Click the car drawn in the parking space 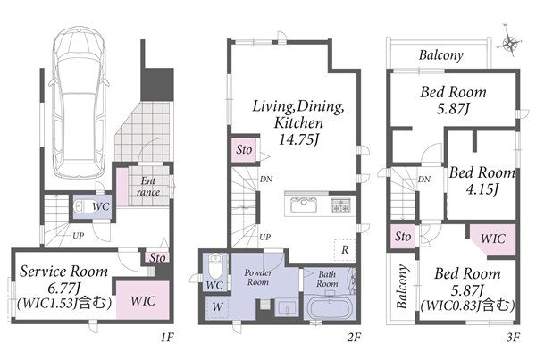[x=79, y=103]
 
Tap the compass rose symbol [x=509, y=42]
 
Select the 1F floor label [x=168, y=338]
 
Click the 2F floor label [x=354, y=338]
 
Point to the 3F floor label [x=513, y=338]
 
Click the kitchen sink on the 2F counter [x=304, y=205]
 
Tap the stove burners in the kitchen [x=340, y=205]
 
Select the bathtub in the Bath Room [x=329, y=308]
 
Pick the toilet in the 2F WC [x=215, y=267]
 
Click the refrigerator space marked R [x=345, y=250]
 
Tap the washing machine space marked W [x=217, y=307]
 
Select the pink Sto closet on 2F [x=244, y=150]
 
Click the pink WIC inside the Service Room [x=143, y=300]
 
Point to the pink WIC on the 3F [x=492, y=239]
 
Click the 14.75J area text [x=298, y=139]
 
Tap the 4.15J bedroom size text [x=482, y=188]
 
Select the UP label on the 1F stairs [x=78, y=235]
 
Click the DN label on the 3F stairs [x=423, y=180]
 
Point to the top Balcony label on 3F [x=441, y=55]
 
